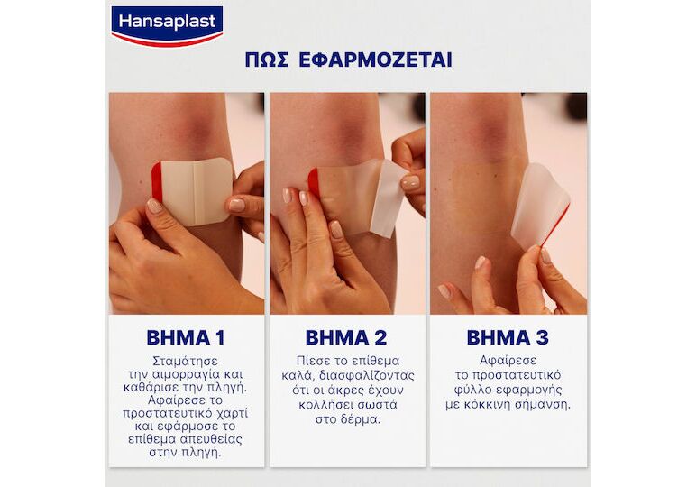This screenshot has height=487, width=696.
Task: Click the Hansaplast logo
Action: pos(167,26)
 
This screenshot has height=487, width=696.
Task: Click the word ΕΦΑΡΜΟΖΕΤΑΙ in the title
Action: pos(375,60)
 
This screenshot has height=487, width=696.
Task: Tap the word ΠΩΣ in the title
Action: pos(266,60)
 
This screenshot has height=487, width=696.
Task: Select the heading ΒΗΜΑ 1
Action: pos(186,338)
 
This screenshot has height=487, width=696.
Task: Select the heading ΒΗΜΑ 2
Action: pos(346,338)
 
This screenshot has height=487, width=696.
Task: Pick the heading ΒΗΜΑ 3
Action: pos(508,338)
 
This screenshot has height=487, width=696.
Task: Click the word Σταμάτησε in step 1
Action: pos(185,361)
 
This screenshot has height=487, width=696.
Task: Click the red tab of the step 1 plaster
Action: pos(156,180)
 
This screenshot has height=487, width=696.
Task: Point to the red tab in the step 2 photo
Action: pos(313,182)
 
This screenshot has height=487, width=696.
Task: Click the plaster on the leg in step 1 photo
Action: pos(194,191)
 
